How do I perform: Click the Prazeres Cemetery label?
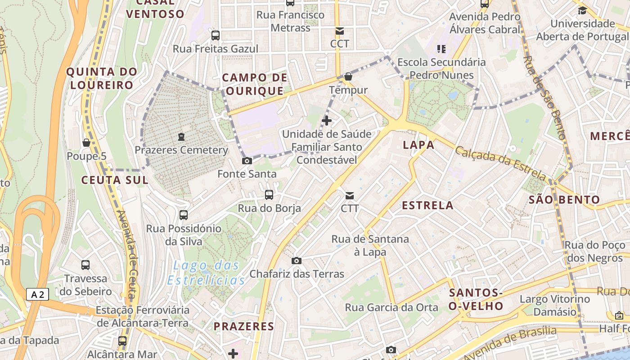[182, 150]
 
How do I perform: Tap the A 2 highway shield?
[37, 295]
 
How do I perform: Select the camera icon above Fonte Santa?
[247, 161]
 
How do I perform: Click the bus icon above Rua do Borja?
[269, 195]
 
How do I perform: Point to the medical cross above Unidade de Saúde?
[327, 121]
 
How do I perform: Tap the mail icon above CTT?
[350, 196]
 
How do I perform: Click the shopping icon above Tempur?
[348, 76]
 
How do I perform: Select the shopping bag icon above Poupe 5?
[86, 143]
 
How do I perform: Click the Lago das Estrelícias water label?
[206, 273]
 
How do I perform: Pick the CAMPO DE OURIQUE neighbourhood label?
[255, 84]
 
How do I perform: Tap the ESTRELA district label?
[427, 206]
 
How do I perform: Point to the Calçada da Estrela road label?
[500, 163]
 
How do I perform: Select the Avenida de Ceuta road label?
[127, 254]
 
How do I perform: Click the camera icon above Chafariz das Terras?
[296, 261]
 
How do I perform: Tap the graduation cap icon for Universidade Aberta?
[582, 10]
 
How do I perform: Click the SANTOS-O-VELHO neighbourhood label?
[476, 300]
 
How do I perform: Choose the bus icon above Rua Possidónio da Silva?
[184, 215]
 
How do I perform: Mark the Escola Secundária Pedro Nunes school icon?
[441, 49]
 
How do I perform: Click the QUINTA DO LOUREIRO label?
[101, 78]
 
